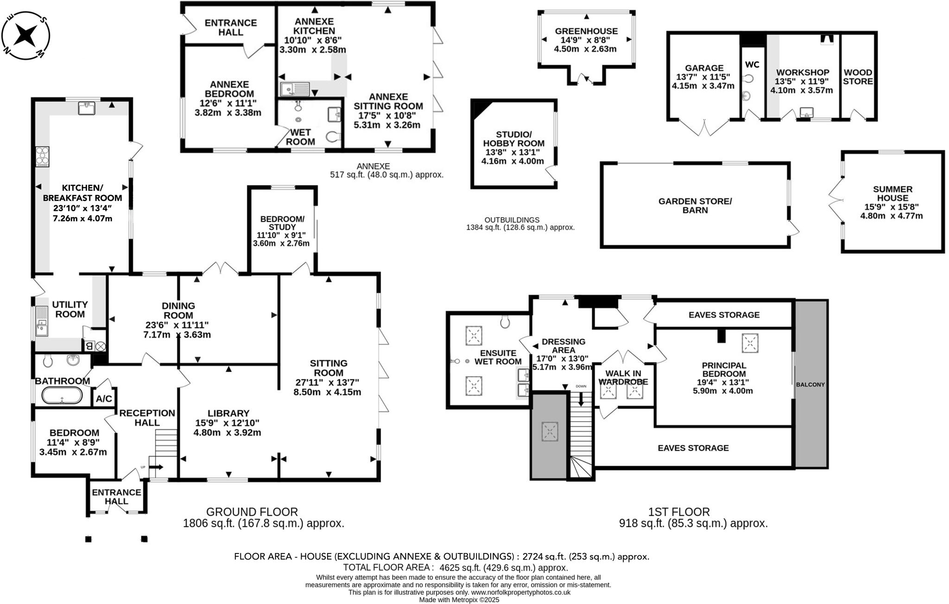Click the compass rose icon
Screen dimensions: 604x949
[x=26, y=35]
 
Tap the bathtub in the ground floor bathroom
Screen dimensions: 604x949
[x=62, y=396]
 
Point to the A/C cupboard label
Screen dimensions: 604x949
[x=104, y=398]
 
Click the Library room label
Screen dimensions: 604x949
[x=228, y=413]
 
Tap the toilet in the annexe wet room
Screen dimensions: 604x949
[x=333, y=136]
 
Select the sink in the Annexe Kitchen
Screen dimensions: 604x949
[x=295, y=88]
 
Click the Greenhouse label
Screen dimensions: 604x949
[x=586, y=31]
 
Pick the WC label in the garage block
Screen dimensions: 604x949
[x=752, y=64]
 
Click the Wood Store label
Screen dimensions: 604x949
[x=858, y=76]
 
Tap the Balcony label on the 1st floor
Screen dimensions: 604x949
[x=810, y=384]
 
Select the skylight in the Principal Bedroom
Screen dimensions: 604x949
[x=750, y=343]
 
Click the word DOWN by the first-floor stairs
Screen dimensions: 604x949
[x=581, y=386]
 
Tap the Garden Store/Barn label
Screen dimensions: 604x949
[x=695, y=205]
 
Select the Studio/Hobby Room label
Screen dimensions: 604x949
[x=513, y=139]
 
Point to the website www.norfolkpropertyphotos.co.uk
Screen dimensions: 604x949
[x=520, y=592]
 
